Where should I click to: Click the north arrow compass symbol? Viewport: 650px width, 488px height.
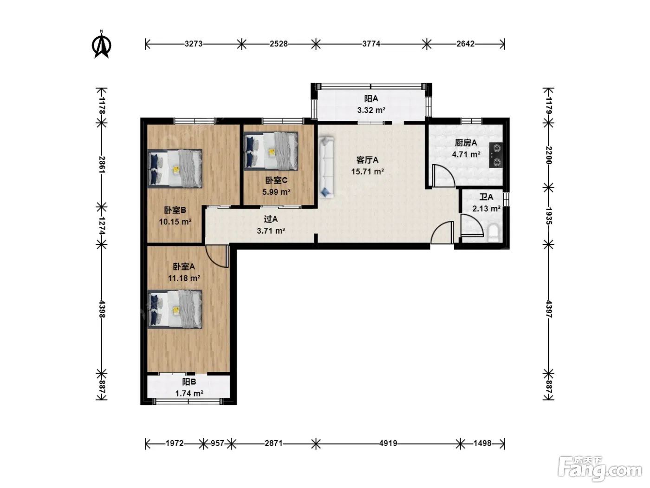102,45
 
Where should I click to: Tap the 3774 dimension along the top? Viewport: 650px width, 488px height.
371,44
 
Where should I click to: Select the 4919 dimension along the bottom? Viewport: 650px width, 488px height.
388,443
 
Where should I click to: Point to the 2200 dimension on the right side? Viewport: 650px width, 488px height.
548,155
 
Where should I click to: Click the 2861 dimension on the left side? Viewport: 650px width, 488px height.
102,165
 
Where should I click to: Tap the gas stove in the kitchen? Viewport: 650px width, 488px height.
496,155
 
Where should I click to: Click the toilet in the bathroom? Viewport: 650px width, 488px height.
493,233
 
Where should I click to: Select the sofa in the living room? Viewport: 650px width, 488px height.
326,167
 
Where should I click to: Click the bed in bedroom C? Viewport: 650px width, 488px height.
271,151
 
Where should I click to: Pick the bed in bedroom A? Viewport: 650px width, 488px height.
175,309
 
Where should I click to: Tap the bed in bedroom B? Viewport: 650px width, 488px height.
175,169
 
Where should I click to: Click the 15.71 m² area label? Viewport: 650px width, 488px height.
368,171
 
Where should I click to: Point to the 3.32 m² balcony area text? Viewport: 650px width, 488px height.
371,110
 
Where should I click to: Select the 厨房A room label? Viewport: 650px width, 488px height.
466,143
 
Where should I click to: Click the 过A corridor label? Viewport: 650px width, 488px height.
271,219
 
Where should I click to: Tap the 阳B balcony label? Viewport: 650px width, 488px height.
189,382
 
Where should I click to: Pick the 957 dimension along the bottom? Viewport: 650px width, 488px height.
217,443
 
